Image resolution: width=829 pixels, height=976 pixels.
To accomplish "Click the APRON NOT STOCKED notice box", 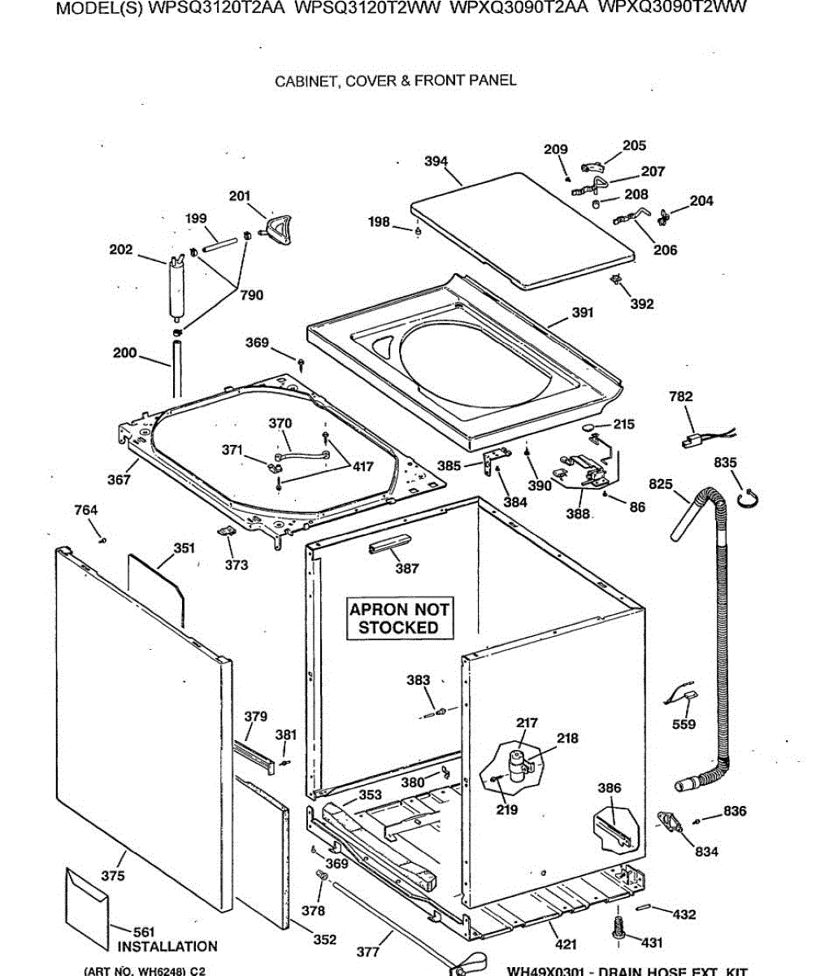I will pyautogui.click(x=399, y=619).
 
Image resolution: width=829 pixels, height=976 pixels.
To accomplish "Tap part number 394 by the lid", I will pyautogui.click(x=436, y=161).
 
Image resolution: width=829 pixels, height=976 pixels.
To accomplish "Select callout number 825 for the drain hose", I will pyautogui.click(x=661, y=485).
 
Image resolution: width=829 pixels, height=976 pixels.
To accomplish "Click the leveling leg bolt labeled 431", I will pyautogui.click(x=618, y=927).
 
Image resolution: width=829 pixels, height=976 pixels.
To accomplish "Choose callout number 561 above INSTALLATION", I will pyautogui.click(x=143, y=932).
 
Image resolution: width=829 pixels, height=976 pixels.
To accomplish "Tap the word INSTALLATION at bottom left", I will pyautogui.click(x=167, y=947).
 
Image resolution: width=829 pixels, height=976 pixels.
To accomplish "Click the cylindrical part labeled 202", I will pyautogui.click(x=176, y=288).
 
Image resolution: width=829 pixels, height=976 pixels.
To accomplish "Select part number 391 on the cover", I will pyautogui.click(x=583, y=312).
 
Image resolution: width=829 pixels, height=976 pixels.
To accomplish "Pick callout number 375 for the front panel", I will pyautogui.click(x=113, y=875).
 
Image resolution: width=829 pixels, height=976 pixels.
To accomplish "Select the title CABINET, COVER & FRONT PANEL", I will pyautogui.click(x=395, y=81).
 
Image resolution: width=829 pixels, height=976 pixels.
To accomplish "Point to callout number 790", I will pyautogui.click(x=251, y=295).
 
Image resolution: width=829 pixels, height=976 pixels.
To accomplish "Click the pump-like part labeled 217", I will pyautogui.click(x=514, y=765).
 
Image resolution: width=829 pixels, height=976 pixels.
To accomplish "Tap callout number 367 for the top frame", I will pyautogui.click(x=119, y=480).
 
